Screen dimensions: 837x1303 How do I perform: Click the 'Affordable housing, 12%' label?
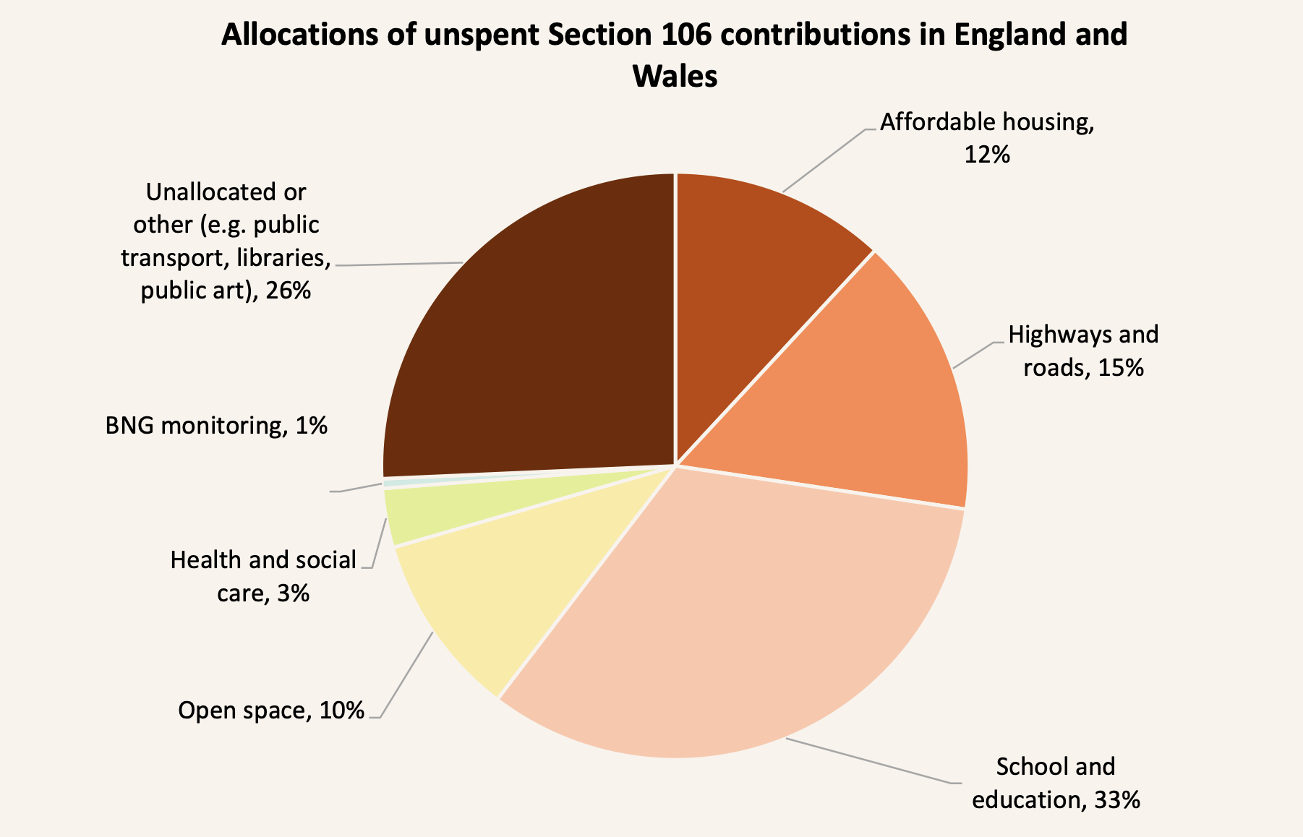pyautogui.click(x=987, y=137)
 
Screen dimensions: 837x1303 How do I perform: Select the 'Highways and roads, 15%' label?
pyautogui.click(x=1083, y=351)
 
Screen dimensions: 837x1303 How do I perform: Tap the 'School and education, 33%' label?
pyautogui.click(x=1056, y=783)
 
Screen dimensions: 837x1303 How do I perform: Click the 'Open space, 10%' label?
pyautogui.click(x=271, y=711)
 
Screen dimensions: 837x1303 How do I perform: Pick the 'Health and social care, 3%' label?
pyautogui.click(x=263, y=576)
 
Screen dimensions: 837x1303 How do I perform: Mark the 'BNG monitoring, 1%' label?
pyautogui.click(x=216, y=425)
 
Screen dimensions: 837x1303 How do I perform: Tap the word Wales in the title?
pyautogui.click(x=675, y=75)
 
